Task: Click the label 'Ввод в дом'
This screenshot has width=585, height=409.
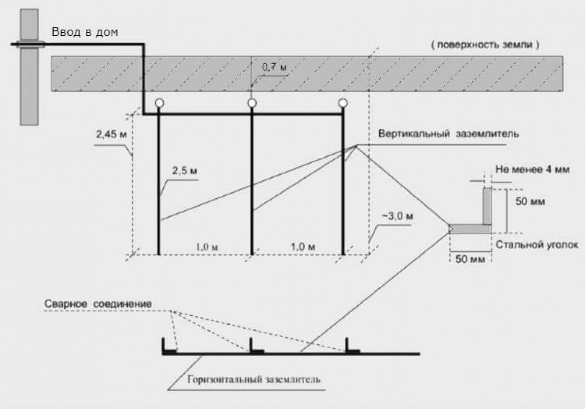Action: [x=85, y=32]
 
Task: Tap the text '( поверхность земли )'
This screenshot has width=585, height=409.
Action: [x=485, y=45]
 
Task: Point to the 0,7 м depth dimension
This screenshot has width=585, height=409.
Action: [x=274, y=67]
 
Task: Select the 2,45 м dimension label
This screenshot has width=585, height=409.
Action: [x=112, y=135]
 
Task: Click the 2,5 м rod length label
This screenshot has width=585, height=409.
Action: [x=184, y=171]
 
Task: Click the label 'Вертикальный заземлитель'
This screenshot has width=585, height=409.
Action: [x=448, y=134]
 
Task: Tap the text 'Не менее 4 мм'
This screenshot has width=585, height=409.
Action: [x=532, y=170]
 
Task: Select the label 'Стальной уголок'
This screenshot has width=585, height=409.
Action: [x=537, y=245]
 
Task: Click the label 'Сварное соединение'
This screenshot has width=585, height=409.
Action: [x=98, y=304]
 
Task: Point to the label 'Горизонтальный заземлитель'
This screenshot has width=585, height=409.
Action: [x=253, y=379]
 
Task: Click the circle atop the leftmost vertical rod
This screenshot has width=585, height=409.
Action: [x=159, y=103]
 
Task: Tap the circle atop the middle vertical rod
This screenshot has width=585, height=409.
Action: [x=252, y=103]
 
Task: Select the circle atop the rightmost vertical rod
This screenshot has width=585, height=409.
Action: [x=343, y=103]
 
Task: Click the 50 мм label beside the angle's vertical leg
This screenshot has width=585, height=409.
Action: [x=530, y=202]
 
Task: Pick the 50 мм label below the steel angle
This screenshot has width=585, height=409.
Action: [x=470, y=259]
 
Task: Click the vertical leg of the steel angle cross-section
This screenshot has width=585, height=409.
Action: [x=487, y=206]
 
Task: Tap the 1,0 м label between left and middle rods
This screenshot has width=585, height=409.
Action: [x=207, y=247]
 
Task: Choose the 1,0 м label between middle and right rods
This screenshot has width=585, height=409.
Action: [x=303, y=246]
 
